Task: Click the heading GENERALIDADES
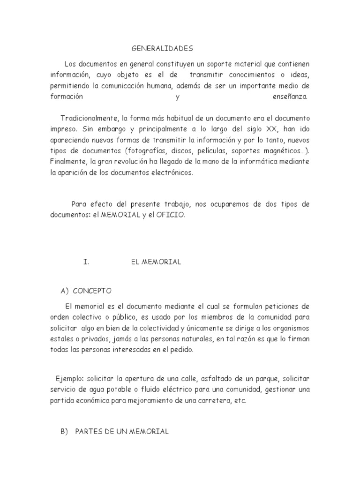pyautogui.click(x=161, y=48)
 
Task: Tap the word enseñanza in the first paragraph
pyautogui.click(x=290, y=97)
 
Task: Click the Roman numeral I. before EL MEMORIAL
pyautogui.click(x=86, y=262)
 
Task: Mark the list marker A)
pyautogui.click(x=65, y=291)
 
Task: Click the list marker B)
pyautogui.click(x=65, y=431)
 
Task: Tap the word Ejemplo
pyautogui.click(x=69, y=378)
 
